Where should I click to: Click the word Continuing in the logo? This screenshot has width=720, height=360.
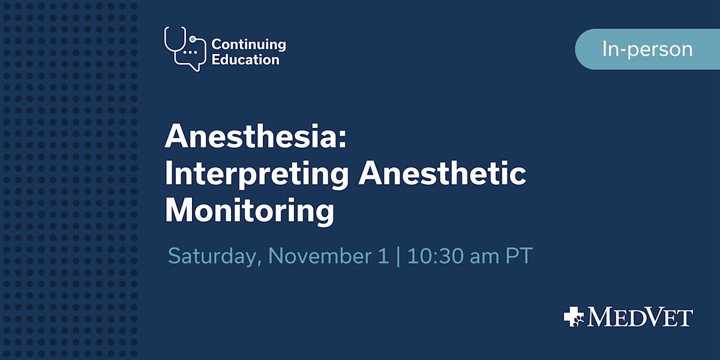coord(248,44)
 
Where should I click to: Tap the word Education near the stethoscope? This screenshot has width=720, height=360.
coord(245,59)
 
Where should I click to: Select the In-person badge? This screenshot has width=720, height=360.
coord(647,49)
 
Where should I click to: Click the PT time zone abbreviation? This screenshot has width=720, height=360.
coord(518,256)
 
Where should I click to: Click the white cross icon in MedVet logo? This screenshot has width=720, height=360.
coord(574,316)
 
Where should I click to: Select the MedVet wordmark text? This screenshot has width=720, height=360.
coord(640,317)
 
